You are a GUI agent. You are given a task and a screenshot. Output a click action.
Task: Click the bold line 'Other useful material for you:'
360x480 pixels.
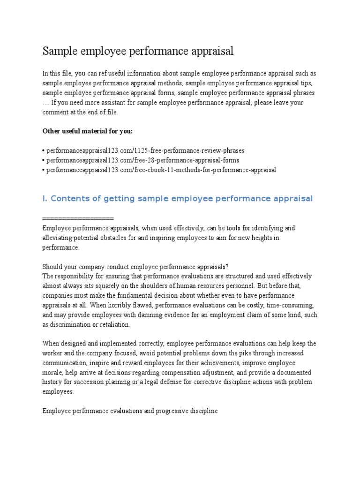(x=88, y=131)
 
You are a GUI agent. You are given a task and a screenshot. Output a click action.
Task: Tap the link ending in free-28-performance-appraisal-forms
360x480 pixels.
(x=142, y=160)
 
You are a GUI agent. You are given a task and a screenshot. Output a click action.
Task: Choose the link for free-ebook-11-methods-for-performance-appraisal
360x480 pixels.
(x=160, y=170)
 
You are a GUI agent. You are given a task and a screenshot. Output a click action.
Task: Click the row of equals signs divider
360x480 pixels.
(x=78, y=218)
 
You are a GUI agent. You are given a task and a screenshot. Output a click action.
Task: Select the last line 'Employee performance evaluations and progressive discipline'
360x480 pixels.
(x=130, y=411)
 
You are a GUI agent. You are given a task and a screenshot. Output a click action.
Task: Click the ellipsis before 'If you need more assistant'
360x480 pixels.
(x=45, y=103)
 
